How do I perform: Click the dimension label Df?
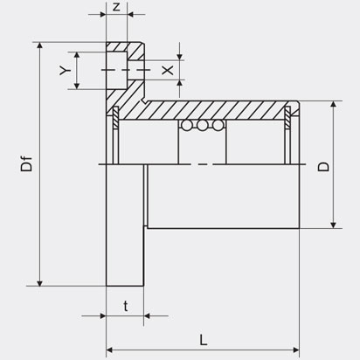tap(26, 164)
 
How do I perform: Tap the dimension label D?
tap(323, 167)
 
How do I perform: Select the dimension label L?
tap(204, 340)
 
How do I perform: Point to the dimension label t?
tap(126, 307)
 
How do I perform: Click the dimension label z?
tap(116, 6)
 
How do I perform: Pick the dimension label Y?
tap(65, 70)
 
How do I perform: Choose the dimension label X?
tap(168, 70)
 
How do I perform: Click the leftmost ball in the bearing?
tap(187, 125)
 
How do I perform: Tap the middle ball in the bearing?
tap(202, 125)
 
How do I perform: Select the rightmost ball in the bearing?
tap(218, 125)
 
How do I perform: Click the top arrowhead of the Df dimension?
tap(40, 45)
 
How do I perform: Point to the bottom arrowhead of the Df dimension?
tap(40, 283)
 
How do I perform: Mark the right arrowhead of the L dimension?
tap(296, 350)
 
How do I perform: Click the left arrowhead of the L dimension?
tap(109, 350)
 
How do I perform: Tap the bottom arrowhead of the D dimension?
tap(334, 225)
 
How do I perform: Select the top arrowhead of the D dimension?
tap(334, 105)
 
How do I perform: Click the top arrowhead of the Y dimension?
tap(77, 55)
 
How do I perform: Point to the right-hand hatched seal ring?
tap(287, 117)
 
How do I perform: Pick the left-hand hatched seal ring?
tap(115, 117)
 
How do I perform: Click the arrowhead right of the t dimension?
tap(147, 315)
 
